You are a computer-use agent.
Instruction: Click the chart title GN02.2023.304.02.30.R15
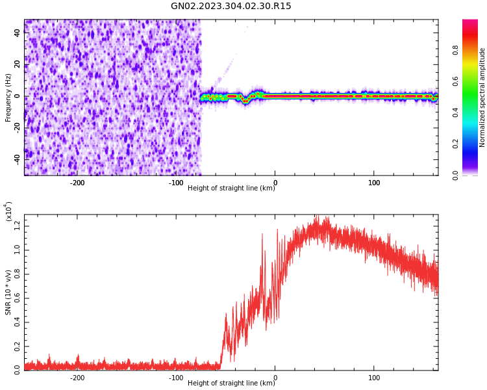[x=231, y=6]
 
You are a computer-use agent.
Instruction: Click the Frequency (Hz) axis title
[x=8, y=97]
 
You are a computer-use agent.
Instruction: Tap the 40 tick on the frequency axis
[x=18, y=33]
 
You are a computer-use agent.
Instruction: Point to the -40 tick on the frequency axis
[x=16, y=159]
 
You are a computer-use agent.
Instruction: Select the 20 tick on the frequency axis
[x=18, y=64]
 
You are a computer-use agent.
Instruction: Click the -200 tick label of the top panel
[x=77, y=183]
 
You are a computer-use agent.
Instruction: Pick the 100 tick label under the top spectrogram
[x=374, y=183]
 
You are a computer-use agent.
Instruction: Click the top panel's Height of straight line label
[x=231, y=188]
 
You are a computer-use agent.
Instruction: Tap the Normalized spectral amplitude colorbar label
[x=482, y=97]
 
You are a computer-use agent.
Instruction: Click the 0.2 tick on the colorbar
[x=456, y=144]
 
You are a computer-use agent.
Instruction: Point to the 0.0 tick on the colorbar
[x=456, y=174]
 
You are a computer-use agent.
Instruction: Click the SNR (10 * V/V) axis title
[x=8, y=292]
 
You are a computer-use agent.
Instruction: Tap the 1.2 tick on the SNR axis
[x=17, y=226]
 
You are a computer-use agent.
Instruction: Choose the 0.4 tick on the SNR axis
[x=17, y=321]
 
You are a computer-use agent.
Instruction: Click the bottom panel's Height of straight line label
[x=231, y=383]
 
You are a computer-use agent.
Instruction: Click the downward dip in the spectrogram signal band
[x=245, y=101]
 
